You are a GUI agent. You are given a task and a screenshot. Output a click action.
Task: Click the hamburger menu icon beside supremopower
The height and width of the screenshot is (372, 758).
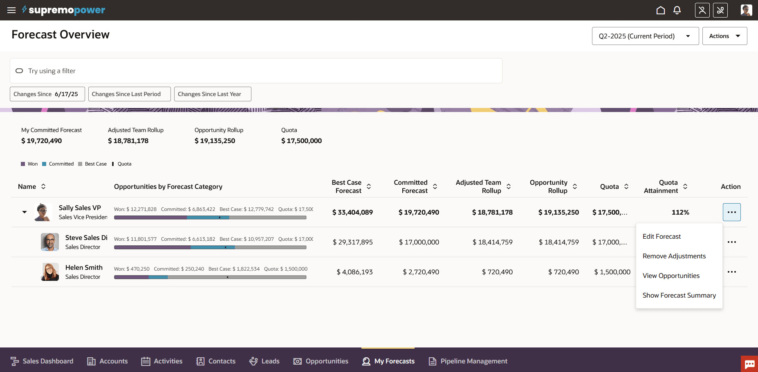pyautogui.click(x=11, y=10)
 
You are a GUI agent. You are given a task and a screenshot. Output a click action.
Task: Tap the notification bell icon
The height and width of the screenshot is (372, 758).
pyautogui.click(x=677, y=10)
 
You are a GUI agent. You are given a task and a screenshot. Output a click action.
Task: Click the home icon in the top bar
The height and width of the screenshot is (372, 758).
pyautogui.click(x=661, y=10)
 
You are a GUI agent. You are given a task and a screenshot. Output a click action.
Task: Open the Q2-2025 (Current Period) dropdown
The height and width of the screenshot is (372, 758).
pyautogui.click(x=645, y=36)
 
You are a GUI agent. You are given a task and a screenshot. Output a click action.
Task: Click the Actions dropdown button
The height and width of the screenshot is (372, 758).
pyautogui.click(x=724, y=36)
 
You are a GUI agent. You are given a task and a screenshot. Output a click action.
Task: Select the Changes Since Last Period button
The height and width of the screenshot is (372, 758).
pyautogui.click(x=129, y=94)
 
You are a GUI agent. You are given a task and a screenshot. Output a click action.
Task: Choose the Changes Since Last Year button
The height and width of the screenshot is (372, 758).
pyautogui.click(x=213, y=94)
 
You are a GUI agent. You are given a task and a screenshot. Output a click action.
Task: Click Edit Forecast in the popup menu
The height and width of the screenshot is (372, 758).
pyautogui.click(x=662, y=236)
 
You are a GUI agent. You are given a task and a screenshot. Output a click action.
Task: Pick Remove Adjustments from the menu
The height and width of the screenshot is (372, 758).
pyautogui.click(x=674, y=256)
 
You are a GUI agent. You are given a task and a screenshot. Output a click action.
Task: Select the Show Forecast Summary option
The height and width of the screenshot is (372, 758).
pyautogui.click(x=679, y=295)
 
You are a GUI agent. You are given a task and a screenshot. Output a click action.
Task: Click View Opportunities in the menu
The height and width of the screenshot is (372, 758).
pyautogui.click(x=671, y=276)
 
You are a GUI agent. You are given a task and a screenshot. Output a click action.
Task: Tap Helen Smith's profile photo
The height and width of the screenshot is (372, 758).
pyautogui.click(x=50, y=272)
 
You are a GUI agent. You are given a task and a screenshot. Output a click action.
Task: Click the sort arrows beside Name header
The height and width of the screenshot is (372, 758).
pyautogui.click(x=43, y=186)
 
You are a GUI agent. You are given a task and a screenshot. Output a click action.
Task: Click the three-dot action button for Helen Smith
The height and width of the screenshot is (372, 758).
pyautogui.click(x=731, y=272)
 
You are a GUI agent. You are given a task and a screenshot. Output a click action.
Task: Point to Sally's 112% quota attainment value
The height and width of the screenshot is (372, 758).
pyautogui.click(x=680, y=212)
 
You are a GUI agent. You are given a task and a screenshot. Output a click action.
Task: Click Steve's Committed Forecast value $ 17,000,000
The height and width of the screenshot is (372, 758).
pyautogui.click(x=419, y=242)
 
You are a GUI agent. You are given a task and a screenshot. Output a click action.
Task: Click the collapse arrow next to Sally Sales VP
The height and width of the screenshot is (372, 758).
pyautogui.click(x=25, y=212)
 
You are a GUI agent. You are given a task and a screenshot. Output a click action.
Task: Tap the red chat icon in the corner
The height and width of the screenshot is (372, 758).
pyautogui.click(x=749, y=364)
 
